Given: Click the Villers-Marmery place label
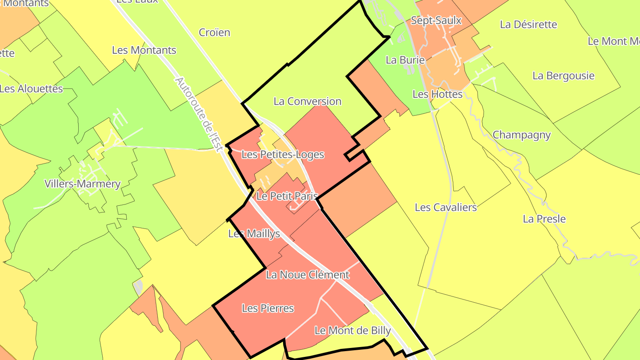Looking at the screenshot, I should pyautogui.click(x=83, y=184).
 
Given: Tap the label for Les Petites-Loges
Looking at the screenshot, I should pyautogui.click(x=283, y=155).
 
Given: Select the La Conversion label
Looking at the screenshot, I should pyautogui.click(x=308, y=101).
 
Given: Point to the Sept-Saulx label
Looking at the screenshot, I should pyautogui.click(x=436, y=20).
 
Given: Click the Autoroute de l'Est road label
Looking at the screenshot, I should pyautogui.click(x=198, y=115).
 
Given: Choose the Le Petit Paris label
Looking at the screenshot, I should pyautogui.click(x=288, y=196).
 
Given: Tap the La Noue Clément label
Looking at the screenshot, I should pyautogui.click(x=308, y=275).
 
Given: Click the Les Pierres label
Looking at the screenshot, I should pyautogui.click(x=268, y=308).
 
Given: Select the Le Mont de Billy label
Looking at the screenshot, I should pyautogui.click(x=353, y=331).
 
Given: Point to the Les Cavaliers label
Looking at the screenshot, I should pyautogui.click(x=446, y=208).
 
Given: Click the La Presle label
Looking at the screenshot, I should pyautogui.click(x=544, y=219).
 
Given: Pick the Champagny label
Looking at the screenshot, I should pyautogui.click(x=522, y=135).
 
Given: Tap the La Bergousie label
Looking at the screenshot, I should pyautogui.click(x=564, y=76).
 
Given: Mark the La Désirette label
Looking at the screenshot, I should pyautogui.click(x=529, y=24).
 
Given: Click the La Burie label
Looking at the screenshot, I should pyautogui.click(x=405, y=60).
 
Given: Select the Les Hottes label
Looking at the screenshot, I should pyautogui.click(x=438, y=94).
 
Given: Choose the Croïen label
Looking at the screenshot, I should pyautogui.click(x=215, y=32).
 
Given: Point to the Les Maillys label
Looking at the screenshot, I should pyautogui.click(x=254, y=234).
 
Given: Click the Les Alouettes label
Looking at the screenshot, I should pyautogui.click(x=31, y=88).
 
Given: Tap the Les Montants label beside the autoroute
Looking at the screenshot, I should pyautogui.click(x=144, y=50).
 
